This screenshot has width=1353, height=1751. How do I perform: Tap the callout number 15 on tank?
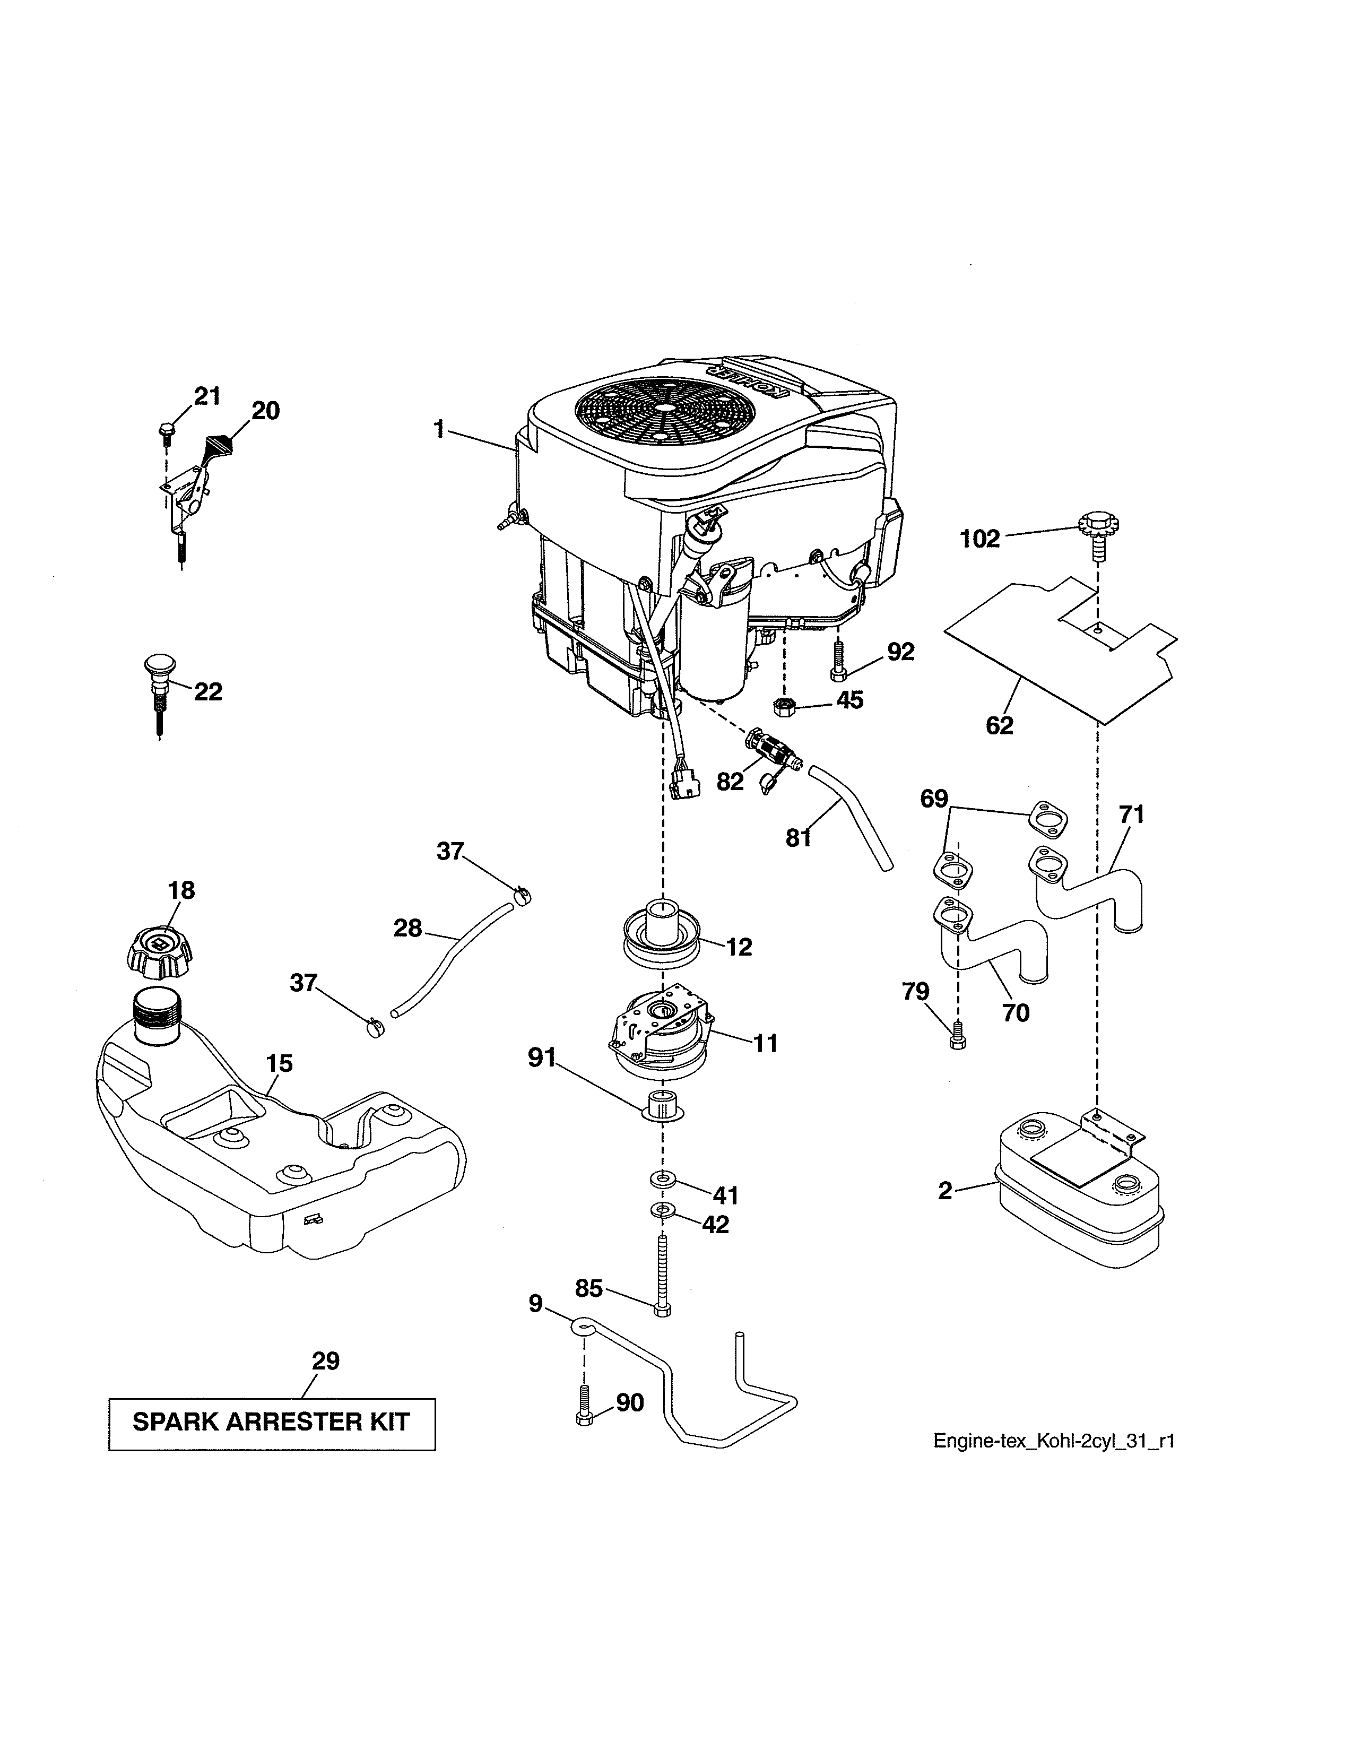[279, 1063]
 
